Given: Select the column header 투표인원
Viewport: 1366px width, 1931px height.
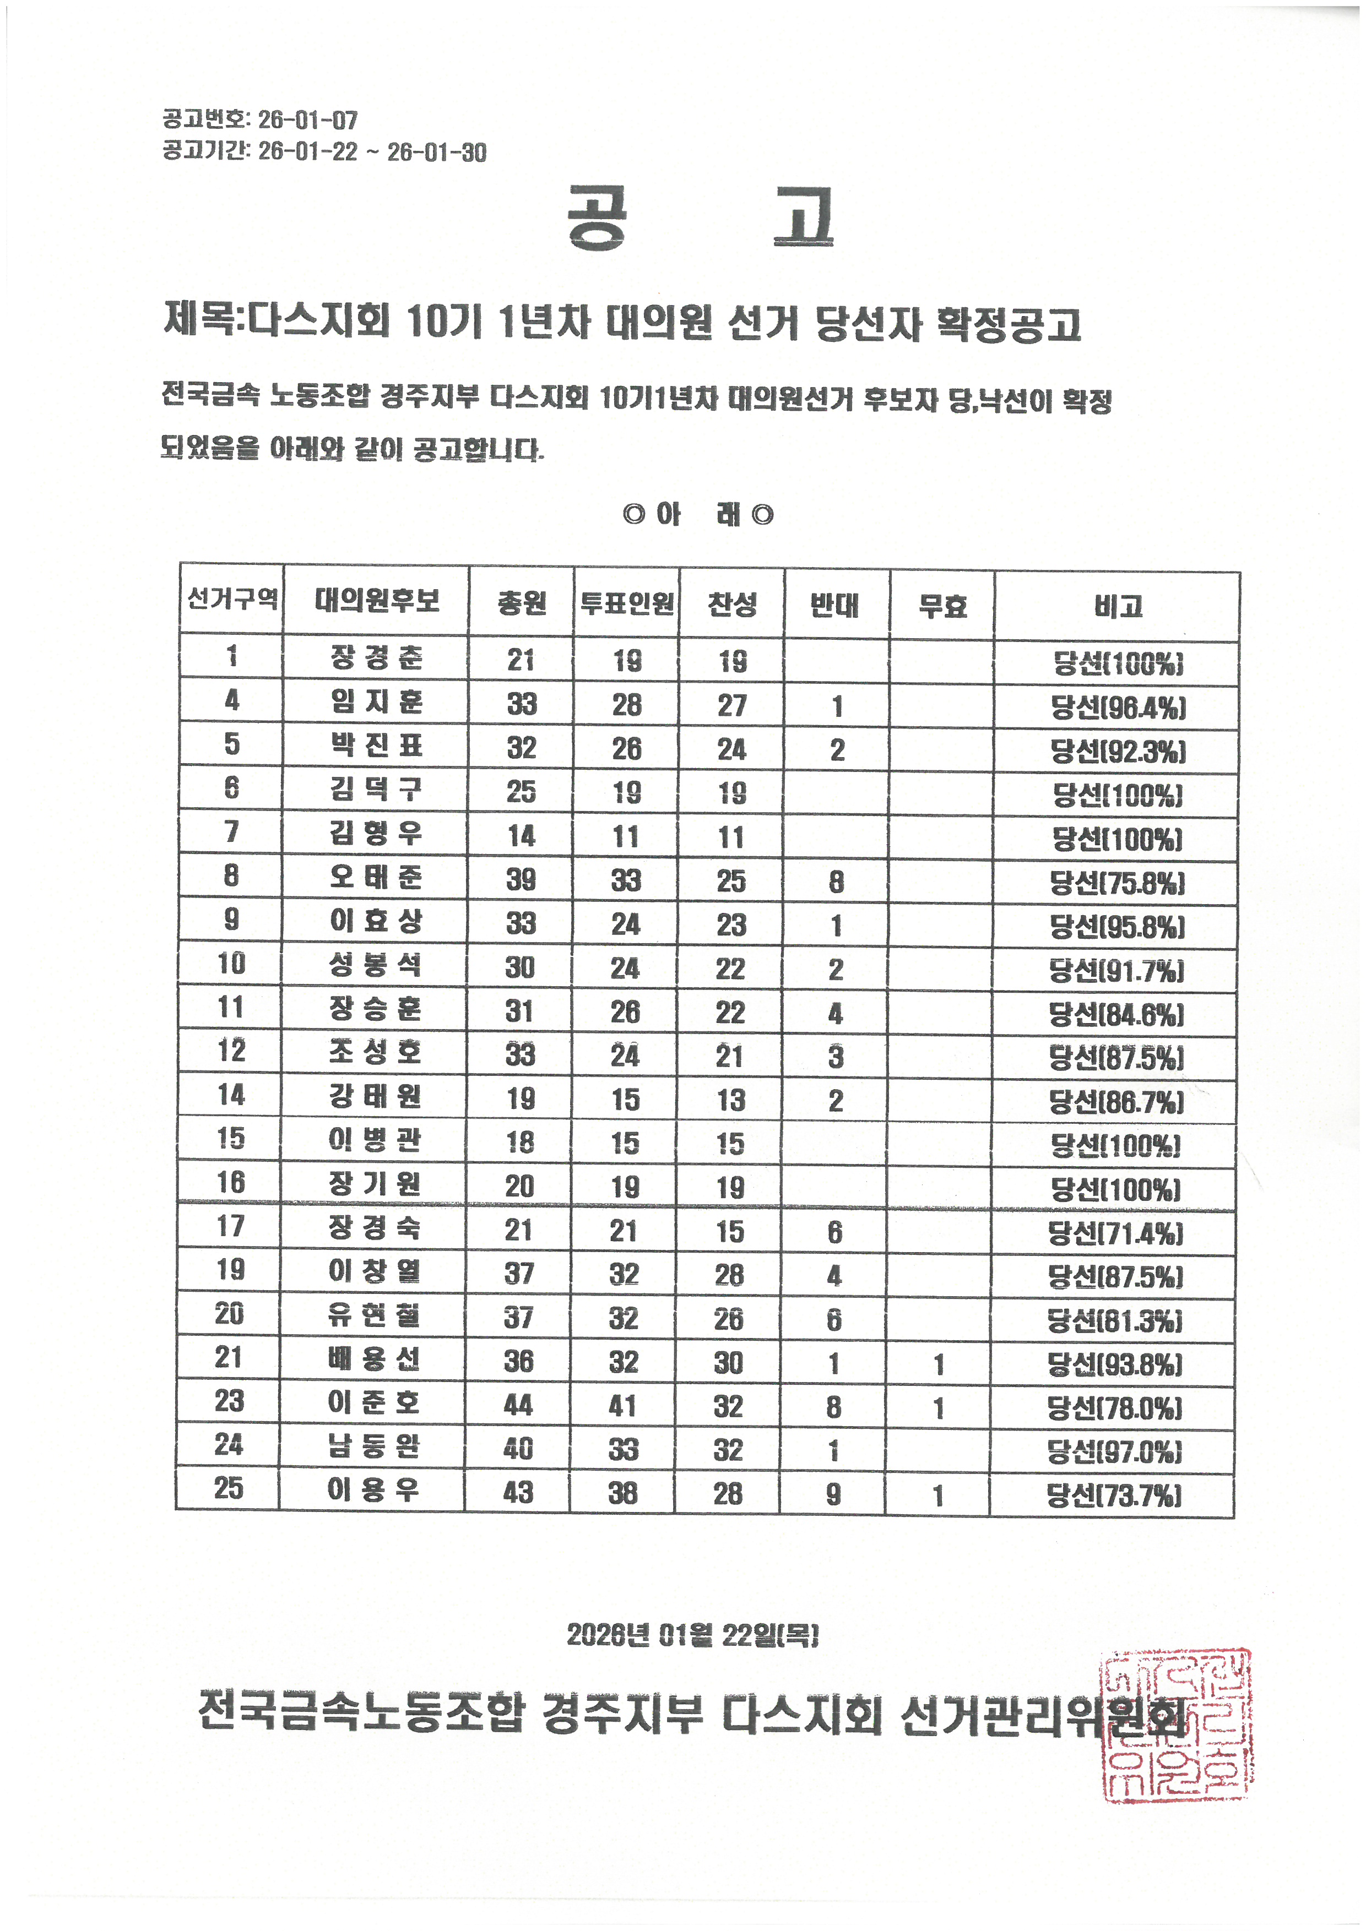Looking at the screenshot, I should (627, 603).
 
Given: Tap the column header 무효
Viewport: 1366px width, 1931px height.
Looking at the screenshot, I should (942, 605).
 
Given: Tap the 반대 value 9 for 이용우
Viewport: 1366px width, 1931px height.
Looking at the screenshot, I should (833, 1494).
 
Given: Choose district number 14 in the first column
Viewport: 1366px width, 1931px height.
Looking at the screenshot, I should (230, 1095).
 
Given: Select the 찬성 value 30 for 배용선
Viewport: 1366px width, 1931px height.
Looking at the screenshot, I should (728, 1362).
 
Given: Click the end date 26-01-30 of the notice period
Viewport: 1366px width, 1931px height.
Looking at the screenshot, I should (437, 152).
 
